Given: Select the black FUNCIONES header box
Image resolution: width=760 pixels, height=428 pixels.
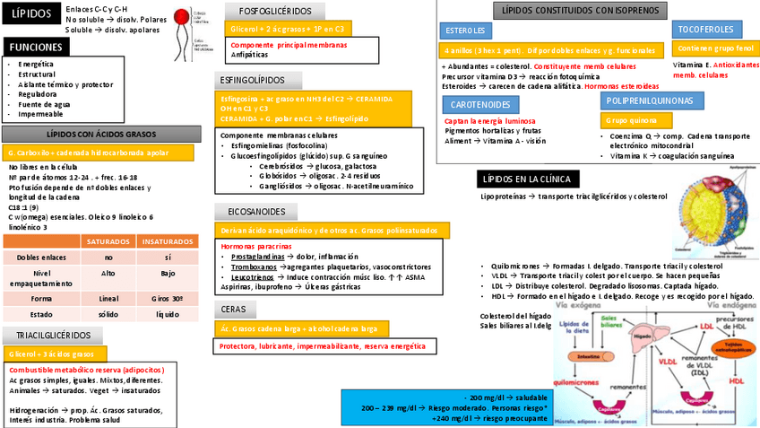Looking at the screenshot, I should (x=37, y=47).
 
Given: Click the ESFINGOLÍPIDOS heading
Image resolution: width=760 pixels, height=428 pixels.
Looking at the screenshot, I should (x=252, y=80).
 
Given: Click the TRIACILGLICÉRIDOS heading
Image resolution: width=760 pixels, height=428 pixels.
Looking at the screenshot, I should (x=53, y=336).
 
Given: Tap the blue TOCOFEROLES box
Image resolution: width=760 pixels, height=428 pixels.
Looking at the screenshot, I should (x=704, y=30).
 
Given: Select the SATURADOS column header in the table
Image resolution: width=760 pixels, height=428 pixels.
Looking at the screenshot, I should (x=108, y=241).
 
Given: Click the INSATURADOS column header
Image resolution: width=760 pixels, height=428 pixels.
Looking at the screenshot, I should (x=168, y=241).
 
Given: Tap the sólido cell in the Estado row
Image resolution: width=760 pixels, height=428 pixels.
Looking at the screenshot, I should (x=108, y=314).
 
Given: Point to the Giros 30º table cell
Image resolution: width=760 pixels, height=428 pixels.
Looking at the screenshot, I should (x=168, y=298).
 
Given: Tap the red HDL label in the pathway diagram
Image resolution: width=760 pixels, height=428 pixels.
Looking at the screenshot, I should (x=737, y=381).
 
